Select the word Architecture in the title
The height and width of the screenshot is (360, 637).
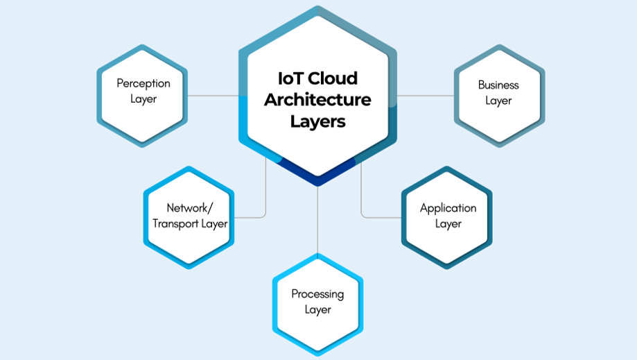tap(317, 100)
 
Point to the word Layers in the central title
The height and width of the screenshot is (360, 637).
tap(317, 122)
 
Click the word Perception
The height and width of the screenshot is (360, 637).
tap(143, 83)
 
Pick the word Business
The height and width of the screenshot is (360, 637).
tap(498, 85)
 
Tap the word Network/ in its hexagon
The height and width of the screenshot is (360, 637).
tap(188, 208)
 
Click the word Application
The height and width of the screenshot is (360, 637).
tap(448, 208)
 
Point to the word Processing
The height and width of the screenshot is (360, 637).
tap(317, 294)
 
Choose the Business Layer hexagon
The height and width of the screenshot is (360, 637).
tap(499, 118)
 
